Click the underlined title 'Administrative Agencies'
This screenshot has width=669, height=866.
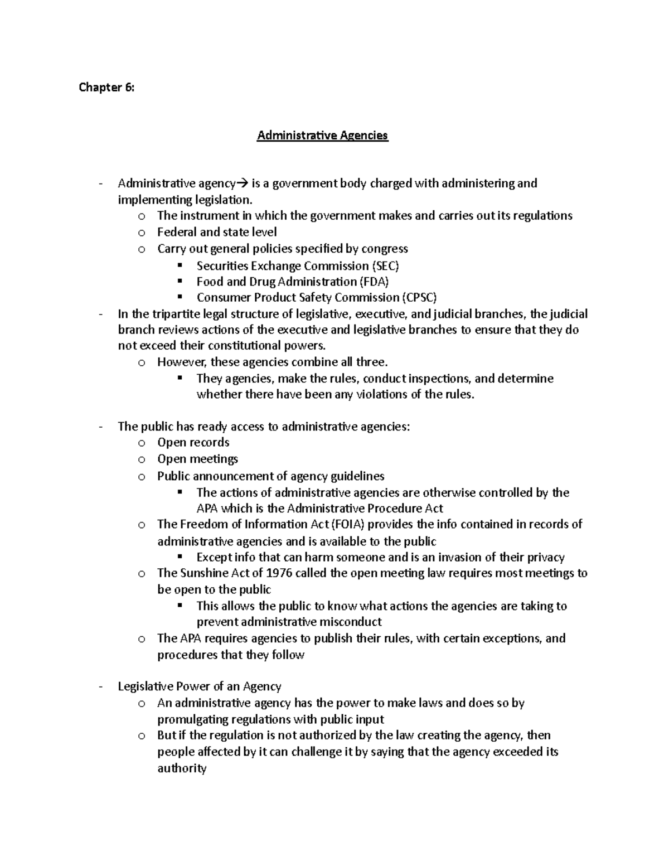[x=322, y=136]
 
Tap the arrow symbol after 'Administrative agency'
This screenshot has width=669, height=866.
[x=243, y=183]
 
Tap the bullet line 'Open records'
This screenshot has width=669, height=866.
[x=193, y=443]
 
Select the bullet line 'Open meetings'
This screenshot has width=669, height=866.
[x=197, y=459]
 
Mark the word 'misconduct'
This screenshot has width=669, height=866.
[x=350, y=622]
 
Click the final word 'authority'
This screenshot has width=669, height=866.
[x=182, y=768]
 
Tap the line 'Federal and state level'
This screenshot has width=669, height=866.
[x=217, y=232]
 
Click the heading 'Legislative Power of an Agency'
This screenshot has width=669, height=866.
[x=199, y=686]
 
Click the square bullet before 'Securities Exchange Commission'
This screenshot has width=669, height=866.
[x=179, y=265]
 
